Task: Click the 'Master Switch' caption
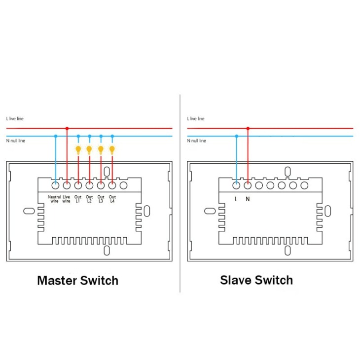click(77, 281)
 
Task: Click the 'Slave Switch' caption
click(256, 280)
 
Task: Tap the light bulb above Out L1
click(78, 150)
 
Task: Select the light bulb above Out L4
click(112, 150)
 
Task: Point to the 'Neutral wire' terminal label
click(54, 199)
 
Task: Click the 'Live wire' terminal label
click(67, 199)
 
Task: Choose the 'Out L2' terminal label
click(89, 199)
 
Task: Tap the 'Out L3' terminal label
click(101, 199)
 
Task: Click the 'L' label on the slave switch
click(236, 199)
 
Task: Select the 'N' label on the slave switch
click(248, 199)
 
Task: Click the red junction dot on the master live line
click(67, 128)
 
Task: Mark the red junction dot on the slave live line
click(248, 128)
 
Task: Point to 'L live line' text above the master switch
click(15, 119)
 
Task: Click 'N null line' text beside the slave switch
click(197, 141)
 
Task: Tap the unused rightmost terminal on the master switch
click(123, 185)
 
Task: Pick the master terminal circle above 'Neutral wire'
click(55, 185)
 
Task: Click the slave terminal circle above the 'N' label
click(248, 185)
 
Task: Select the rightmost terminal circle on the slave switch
click(304, 185)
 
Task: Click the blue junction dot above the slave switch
click(237, 136)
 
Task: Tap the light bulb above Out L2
click(89, 150)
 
